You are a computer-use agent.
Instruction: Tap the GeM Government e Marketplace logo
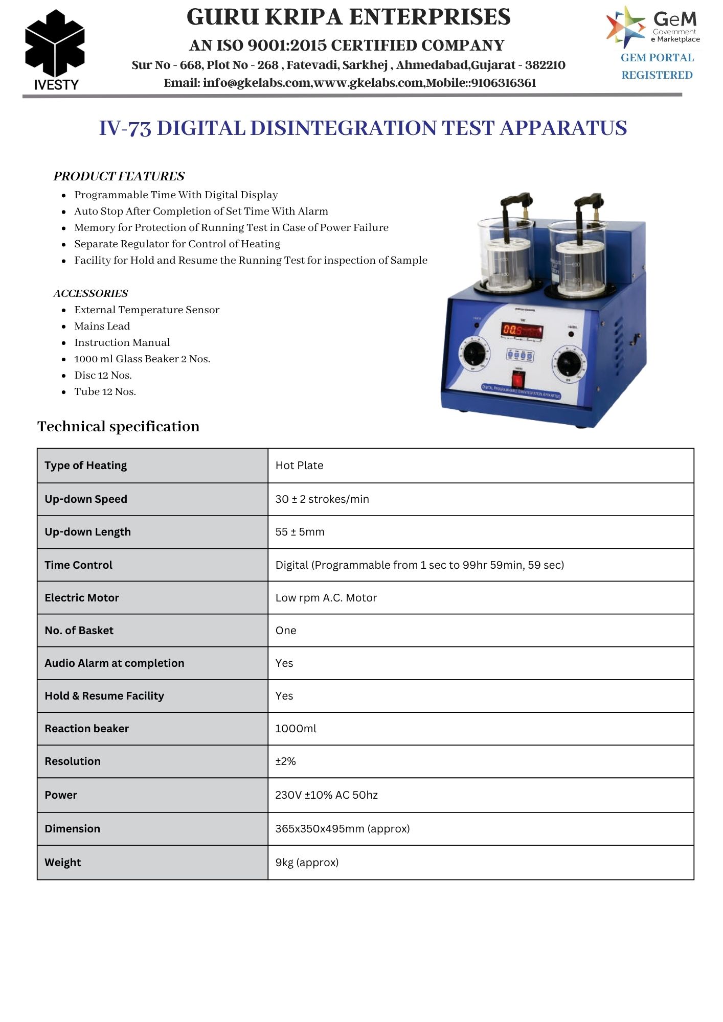(653, 27)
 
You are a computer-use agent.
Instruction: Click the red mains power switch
(518, 380)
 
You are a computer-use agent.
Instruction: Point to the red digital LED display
(521, 330)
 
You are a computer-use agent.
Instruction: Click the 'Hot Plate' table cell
(299, 466)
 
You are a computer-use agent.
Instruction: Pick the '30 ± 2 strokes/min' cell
(322, 499)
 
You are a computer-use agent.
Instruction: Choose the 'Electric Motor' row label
(82, 598)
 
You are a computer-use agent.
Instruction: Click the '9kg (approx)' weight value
(307, 863)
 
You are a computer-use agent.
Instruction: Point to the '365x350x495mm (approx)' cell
(343, 829)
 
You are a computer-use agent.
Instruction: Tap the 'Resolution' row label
(73, 761)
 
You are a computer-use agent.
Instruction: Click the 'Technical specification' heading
(118, 427)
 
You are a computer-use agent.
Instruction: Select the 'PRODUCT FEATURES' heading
(119, 176)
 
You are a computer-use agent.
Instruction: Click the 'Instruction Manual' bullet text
(122, 342)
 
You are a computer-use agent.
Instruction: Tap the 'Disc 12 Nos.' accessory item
(103, 375)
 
